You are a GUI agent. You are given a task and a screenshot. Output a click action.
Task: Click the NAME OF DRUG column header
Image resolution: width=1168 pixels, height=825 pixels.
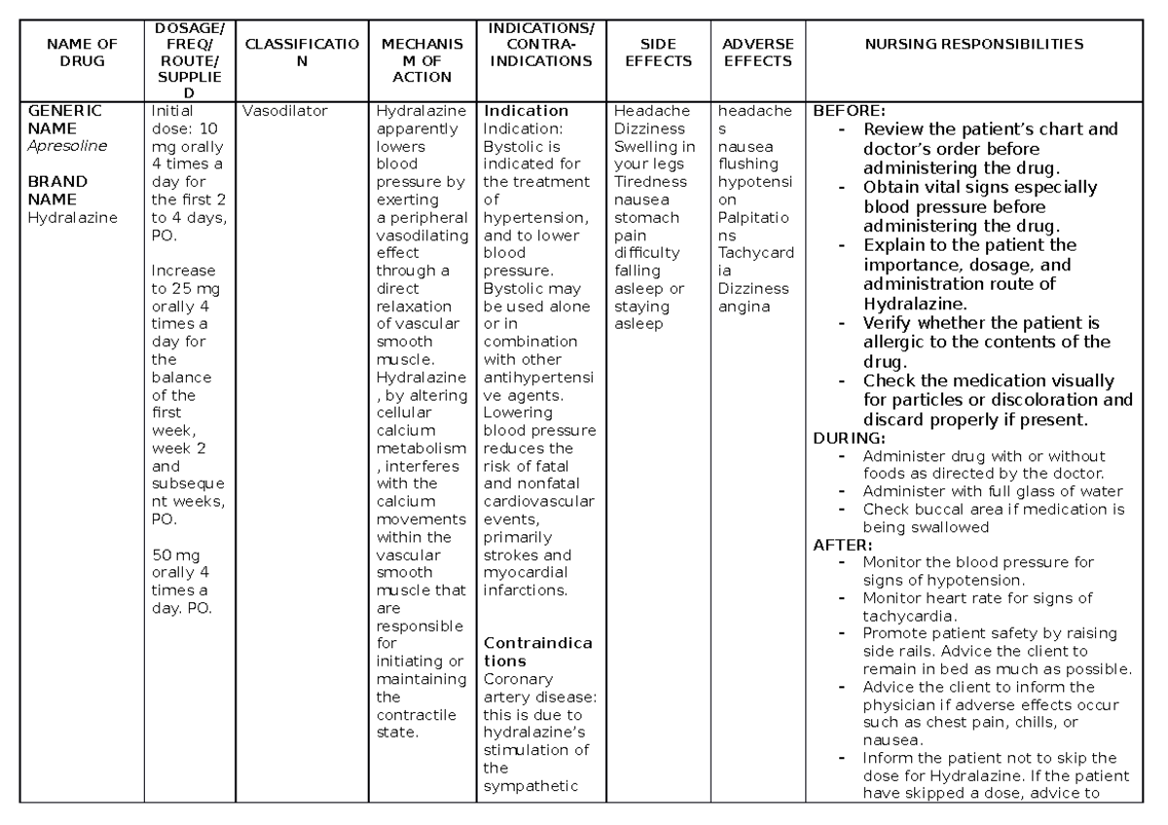(x=81, y=53)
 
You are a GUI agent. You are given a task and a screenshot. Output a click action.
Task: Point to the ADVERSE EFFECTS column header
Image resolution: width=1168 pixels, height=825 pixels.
(x=758, y=53)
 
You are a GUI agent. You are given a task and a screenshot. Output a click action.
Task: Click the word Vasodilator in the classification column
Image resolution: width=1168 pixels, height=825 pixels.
(x=285, y=111)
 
